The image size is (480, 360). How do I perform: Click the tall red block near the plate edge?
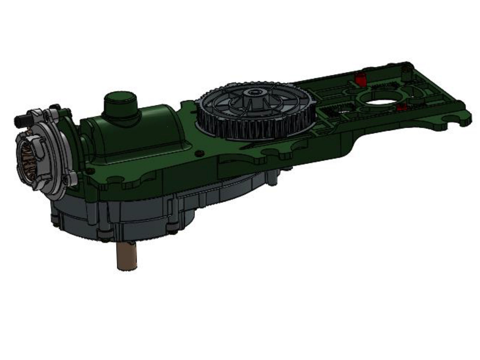coord(360,79)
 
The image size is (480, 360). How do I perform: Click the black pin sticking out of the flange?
coord(20,120)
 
